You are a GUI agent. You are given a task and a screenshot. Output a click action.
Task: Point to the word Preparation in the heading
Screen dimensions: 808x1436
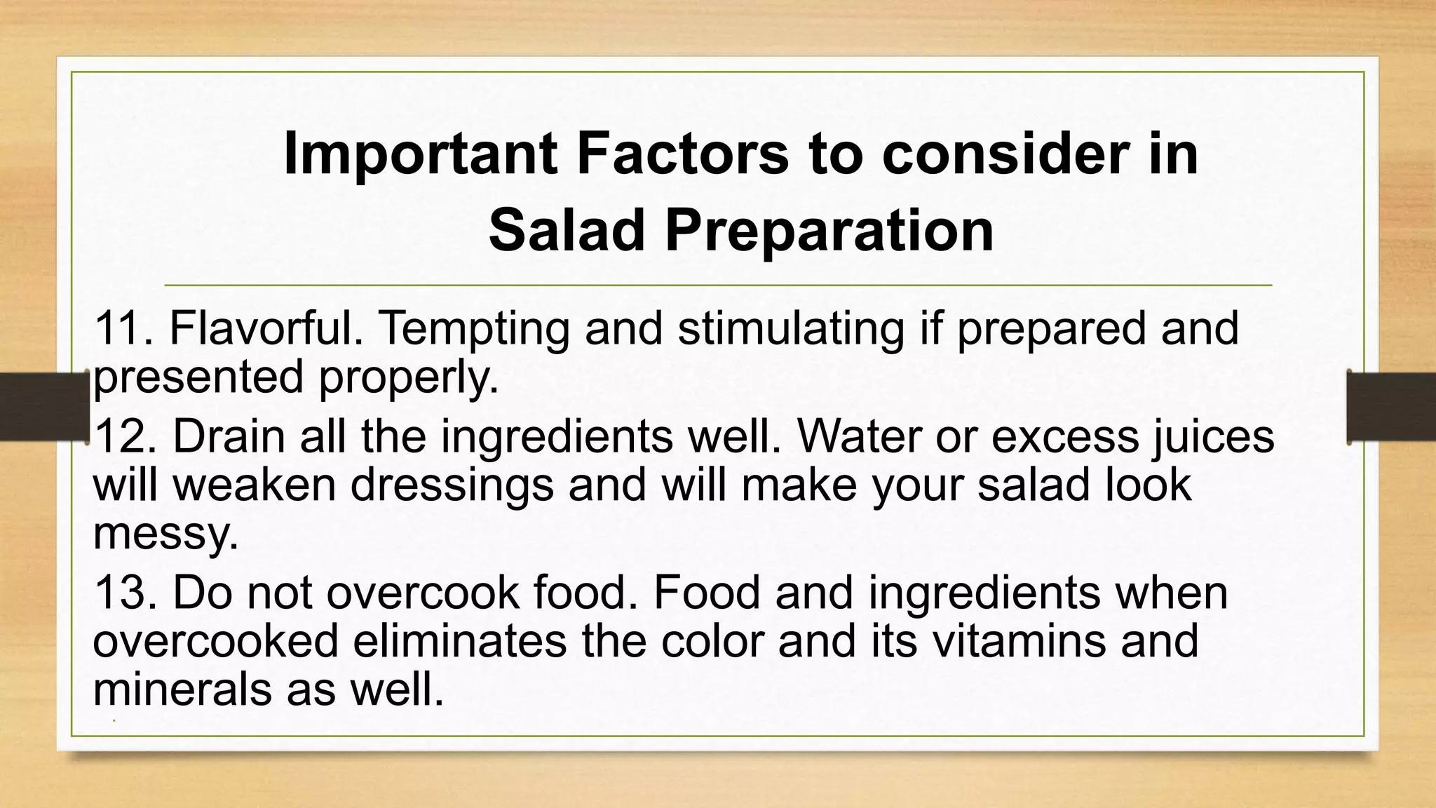[x=829, y=231]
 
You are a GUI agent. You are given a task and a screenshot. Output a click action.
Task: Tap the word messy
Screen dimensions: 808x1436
[x=165, y=534]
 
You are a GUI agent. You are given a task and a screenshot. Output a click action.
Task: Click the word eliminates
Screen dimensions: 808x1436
[x=459, y=641]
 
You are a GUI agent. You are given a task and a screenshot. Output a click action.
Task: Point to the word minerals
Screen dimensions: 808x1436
[x=182, y=689]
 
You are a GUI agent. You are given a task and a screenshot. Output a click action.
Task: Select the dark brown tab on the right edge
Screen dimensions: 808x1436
[x=1391, y=407]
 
